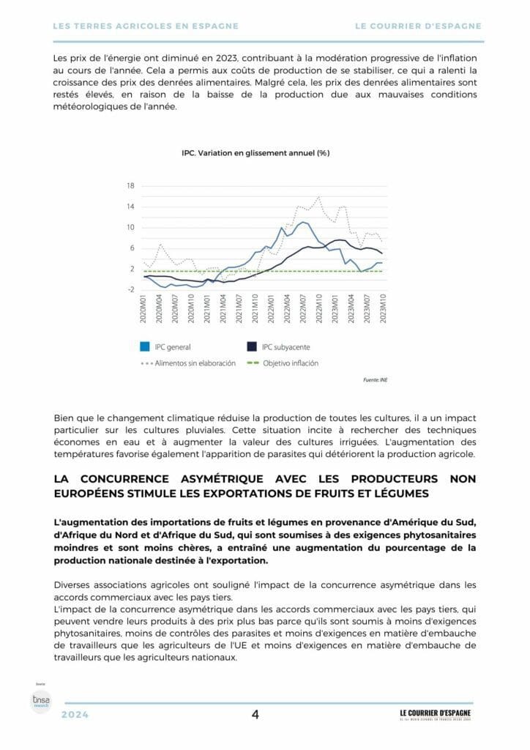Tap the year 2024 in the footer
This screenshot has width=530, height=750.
pos(75,716)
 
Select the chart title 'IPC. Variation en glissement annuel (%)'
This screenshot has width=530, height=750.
pos(255,153)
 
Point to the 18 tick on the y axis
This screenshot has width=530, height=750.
pos(130,185)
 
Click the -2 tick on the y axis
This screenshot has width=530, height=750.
pos(130,290)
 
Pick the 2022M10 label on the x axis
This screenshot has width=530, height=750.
pos(319,313)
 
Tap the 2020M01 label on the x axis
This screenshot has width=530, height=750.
pos(144,313)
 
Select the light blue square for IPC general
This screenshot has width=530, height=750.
pos(145,347)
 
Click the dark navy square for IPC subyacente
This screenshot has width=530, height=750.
pos(252,347)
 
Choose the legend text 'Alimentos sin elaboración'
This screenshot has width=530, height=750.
pos(195,363)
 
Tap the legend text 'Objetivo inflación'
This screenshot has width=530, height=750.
pos(291,363)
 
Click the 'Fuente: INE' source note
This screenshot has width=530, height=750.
pos(376,381)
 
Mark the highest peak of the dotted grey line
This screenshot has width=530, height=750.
pos(318,197)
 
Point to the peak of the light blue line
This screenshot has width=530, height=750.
pos(303,221)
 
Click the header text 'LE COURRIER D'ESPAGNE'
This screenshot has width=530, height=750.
pos(418,26)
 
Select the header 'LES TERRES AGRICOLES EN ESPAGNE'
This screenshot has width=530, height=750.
pos(146,26)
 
